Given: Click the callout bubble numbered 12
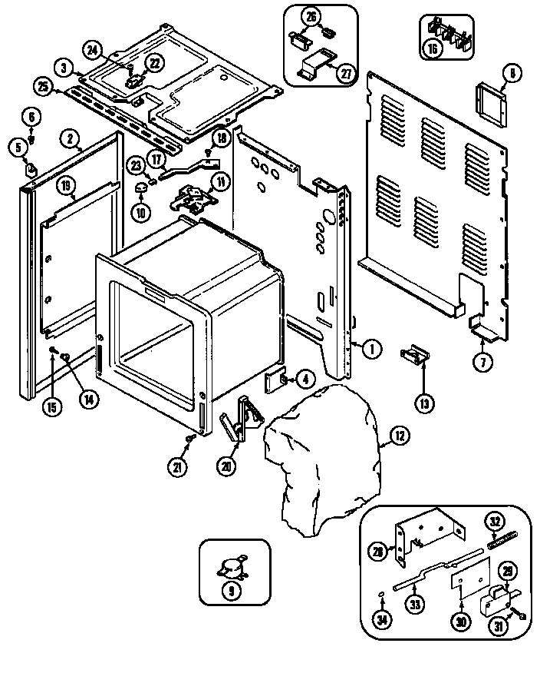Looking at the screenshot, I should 399,436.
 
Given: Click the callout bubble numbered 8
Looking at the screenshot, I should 512,75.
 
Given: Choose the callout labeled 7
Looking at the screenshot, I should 482,364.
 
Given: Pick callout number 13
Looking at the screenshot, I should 424,401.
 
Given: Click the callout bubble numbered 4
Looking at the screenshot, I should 305,379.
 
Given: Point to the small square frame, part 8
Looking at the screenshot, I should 489,103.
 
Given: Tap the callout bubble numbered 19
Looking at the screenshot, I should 67,184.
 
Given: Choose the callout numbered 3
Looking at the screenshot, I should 67,68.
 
